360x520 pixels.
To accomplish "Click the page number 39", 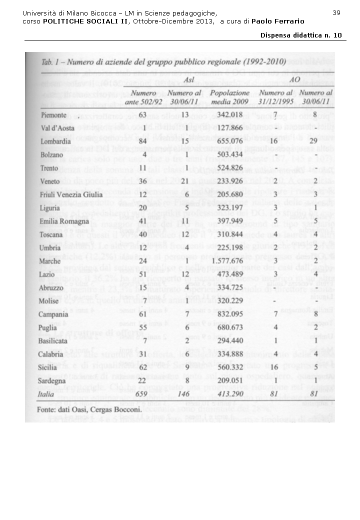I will click(336, 12).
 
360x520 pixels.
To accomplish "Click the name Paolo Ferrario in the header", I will click(278, 21).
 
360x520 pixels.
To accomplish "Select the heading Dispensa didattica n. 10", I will click(301, 35).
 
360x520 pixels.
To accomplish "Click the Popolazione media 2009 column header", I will click(243, 97).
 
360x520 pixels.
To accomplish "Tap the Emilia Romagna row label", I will click(64, 220).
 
